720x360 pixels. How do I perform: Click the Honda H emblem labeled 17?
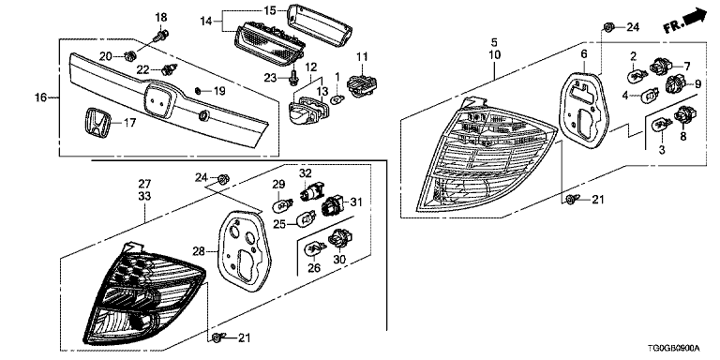(x=97, y=123)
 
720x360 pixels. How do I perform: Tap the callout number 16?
(x=41, y=97)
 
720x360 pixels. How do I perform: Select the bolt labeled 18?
(x=161, y=35)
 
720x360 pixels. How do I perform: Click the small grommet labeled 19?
(x=199, y=90)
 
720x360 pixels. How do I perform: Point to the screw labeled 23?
(x=292, y=80)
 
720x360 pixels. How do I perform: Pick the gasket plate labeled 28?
(x=241, y=248)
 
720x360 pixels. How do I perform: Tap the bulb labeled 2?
(x=636, y=72)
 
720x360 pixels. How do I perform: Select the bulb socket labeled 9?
(x=675, y=84)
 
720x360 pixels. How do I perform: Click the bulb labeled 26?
(x=315, y=248)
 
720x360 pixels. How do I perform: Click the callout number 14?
(x=206, y=21)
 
